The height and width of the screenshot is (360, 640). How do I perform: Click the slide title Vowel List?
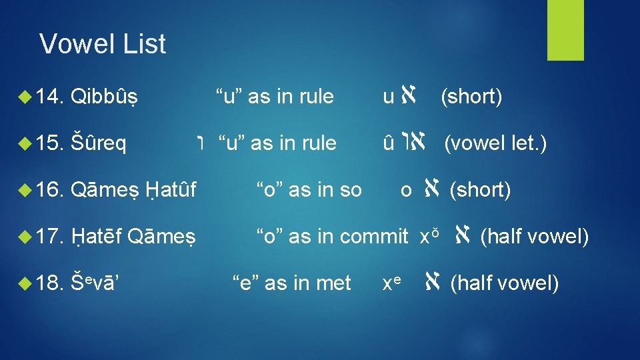pyautogui.click(x=103, y=44)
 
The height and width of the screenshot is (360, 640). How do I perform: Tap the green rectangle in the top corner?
pyautogui.click(x=565, y=30)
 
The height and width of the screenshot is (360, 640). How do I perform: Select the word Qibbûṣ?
pyautogui.click(x=108, y=97)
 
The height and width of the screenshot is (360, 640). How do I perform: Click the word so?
pyautogui.click(x=350, y=190)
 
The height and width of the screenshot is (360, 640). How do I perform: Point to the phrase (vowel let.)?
pyautogui.click(x=495, y=143)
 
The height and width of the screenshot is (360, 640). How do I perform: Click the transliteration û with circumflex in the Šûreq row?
pyautogui.click(x=388, y=143)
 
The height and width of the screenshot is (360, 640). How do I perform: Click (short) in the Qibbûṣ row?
pyautogui.click(x=471, y=97)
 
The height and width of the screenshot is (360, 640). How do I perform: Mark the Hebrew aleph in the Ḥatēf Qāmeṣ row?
pyautogui.click(x=461, y=235)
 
